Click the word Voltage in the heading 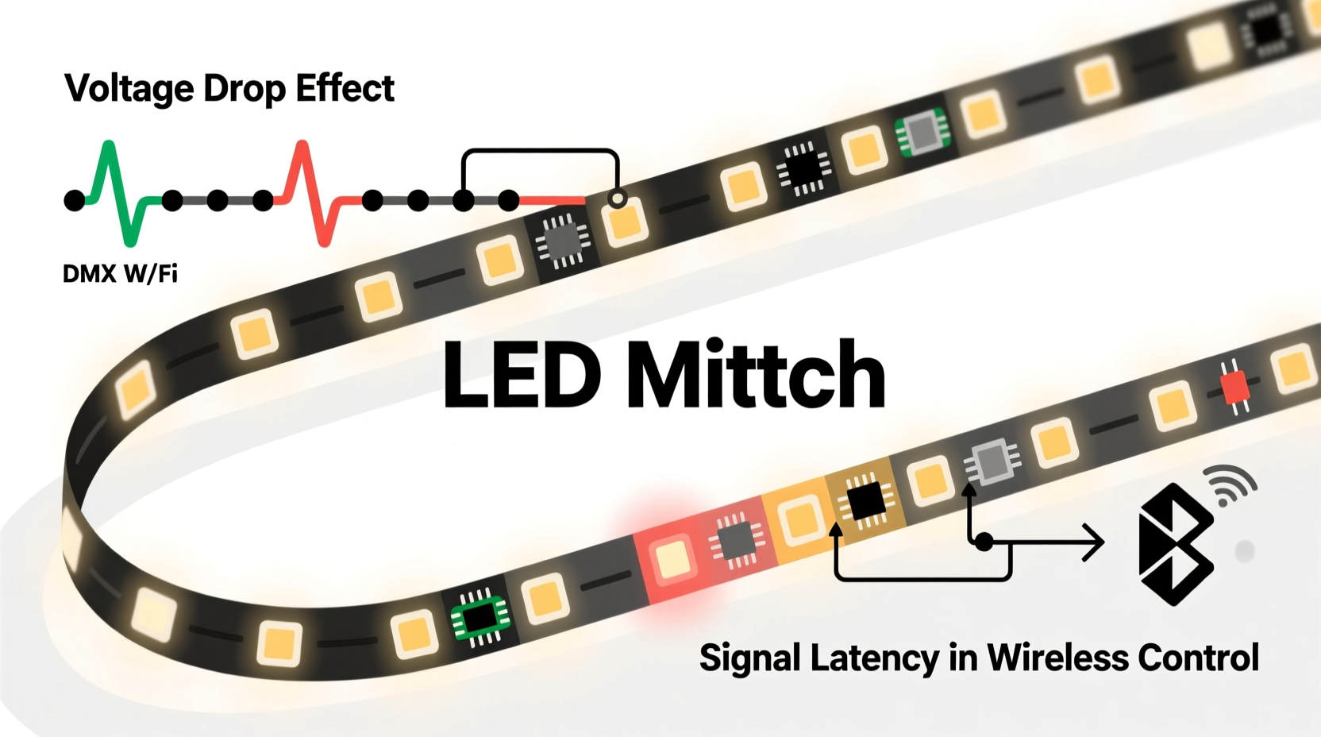(x=128, y=89)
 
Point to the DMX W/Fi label (x=120, y=274)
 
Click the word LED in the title (x=521, y=375)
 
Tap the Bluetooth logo (x=1175, y=544)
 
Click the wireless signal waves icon (x=1230, y=484)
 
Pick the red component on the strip (x=1234, y=387)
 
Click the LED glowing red (x=673, y=558)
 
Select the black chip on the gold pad (x=865, y=500)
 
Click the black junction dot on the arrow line (x=984, y=542)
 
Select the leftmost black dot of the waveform (x=75, y=200)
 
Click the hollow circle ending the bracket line (x=617, y=198)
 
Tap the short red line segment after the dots (x=553, y=201)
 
